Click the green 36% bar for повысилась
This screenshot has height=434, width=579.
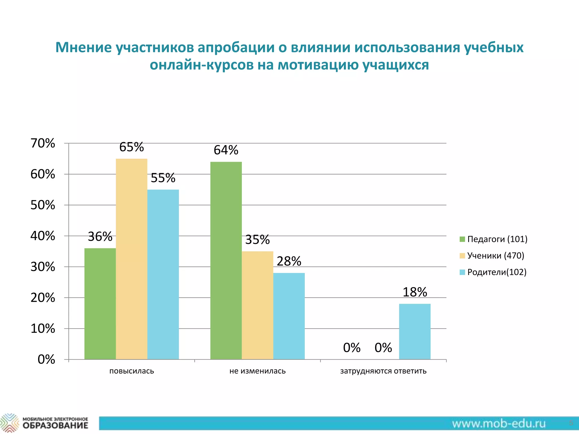pyautogui.click(x=100, y=304)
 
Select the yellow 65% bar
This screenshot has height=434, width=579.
pyautogui.click(x=131, y=259)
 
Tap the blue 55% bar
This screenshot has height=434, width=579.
pyautogui.click(x=163, y=274)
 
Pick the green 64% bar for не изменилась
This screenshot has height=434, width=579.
pyautogui.click(x=226, y=261)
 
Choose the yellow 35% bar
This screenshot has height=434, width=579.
pyautogui.click(x=257, y=305)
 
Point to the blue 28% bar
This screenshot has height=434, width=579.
pyautogui.click(x=289, y=316)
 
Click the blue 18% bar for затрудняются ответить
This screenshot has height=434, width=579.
pyautogui.click(x=415, y=331)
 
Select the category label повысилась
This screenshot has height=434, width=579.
pyautogui.click(x=131, y=371)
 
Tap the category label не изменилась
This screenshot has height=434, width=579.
pyautogui.click(x=257, y=371)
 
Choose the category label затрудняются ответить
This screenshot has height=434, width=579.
pyautogui.click(x=383, y=371)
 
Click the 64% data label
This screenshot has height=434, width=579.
pyautogui.click(x=226, y=150)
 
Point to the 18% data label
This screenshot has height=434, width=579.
pyautogui.click(x=415, y=292)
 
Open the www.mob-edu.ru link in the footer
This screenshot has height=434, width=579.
pyautogui.click(x=499, y=424)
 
